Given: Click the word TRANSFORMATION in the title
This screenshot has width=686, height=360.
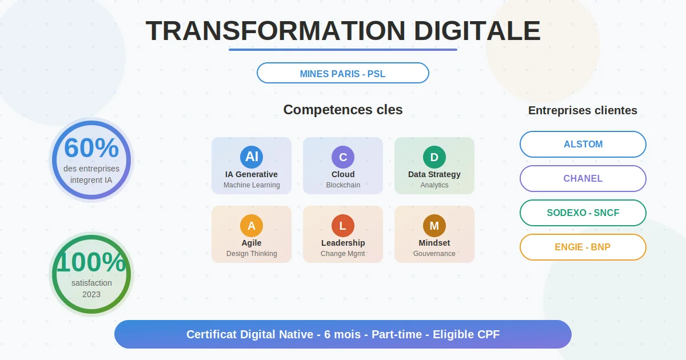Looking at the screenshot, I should [x=276, y=31].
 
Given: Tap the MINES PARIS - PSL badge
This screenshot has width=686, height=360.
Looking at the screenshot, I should [x=343, y=74].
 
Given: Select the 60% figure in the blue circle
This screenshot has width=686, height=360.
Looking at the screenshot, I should [x=91, y=148].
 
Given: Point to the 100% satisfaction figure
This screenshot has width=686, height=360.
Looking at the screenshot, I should [x=91, y=262].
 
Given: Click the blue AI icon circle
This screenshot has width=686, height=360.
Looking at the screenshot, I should [x=252, y=157].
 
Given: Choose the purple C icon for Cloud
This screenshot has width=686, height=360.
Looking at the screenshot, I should [x=343, y=157].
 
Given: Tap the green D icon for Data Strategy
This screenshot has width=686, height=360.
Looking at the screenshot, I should [x=434, y=157].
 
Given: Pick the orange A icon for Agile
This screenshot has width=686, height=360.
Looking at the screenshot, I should [x=252, y=226].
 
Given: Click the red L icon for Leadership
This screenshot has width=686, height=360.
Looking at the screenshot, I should [x=343, y=226].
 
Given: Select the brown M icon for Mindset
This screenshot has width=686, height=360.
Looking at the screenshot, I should [x=434, y=226].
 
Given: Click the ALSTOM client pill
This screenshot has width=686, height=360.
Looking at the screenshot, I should [x=583, y=144].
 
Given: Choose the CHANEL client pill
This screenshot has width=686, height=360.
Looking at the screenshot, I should [x=583, y=178].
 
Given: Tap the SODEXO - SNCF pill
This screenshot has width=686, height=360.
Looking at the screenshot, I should [x=583, y=213].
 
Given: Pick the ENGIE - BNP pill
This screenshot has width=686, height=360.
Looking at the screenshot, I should [x=583, y=247].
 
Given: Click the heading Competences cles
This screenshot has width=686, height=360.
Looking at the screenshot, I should [x=343, y=110].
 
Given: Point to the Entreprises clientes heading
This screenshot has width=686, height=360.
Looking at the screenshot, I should [x=583, y=110].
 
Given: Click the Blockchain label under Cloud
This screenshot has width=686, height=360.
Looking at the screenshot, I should [x=343, y=185].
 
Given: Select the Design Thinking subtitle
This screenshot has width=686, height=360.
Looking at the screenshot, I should [x=252, y=254].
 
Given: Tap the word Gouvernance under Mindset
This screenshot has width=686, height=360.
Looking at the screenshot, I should [x=434, y=254].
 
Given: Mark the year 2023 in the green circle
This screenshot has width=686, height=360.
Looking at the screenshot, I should [x=91, y=294].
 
